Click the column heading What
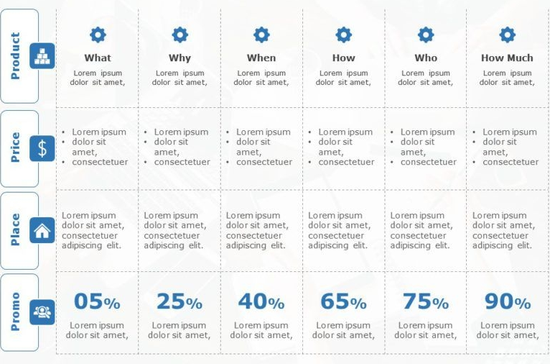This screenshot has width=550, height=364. click(x=98, y=58)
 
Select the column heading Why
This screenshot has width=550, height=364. click(x=180, y=58)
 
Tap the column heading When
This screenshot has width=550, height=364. click(x=261, y=58)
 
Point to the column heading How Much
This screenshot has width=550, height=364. click(x=507, y=58)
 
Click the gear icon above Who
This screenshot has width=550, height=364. click(x=426, y=35)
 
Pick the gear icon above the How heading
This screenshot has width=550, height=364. click(x=344, y=35)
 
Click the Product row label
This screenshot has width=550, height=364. click(x=16, y=55)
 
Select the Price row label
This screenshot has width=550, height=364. click(x=16, y=147)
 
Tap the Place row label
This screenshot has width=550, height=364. click(x=16, y=229)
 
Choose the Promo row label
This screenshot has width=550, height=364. click(x=16, y=311)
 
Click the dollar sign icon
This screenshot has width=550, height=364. click(x=42, y=148)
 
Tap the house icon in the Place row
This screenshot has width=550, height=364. click(x=42, y=230)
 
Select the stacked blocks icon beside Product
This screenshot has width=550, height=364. click(x=42, y=55)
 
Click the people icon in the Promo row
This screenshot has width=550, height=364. click(x=42, y=311)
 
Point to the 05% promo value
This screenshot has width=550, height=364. click(x=97, y=302)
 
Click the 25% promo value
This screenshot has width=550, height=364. click(x=180, y=302)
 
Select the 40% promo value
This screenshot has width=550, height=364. click(x=261, y=302)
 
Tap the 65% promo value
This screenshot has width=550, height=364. click(x=343, y=302)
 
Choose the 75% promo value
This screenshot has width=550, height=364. click(x=426, y=302)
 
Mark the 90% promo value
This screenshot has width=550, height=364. click(x=508, y=302)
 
